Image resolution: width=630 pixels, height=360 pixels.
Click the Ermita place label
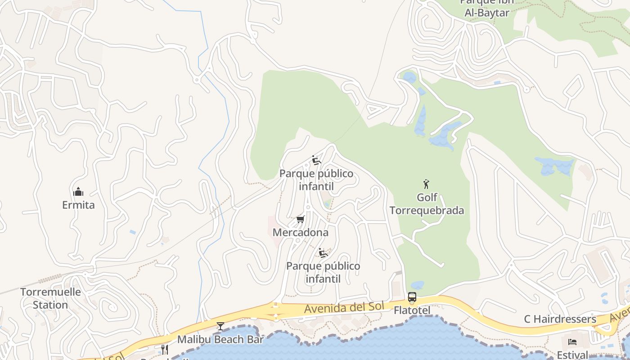[78, 205]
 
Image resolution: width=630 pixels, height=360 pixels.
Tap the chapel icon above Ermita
[78, 192]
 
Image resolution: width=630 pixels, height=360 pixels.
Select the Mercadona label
[300, 233]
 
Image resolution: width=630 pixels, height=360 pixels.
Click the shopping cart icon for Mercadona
[300, 220]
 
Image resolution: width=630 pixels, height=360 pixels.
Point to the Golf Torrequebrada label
[427, 204]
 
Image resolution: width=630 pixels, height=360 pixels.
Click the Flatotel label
[412, 310]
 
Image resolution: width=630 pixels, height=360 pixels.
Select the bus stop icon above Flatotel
[412, 297]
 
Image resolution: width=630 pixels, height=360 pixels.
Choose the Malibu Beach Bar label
[220, 339]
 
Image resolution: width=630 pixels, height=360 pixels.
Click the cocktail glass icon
[220, 326]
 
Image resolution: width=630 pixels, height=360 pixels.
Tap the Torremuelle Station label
[50, 298]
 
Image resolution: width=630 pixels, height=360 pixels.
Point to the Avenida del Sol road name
[344, 308]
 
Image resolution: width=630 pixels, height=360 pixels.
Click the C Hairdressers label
[560, 319]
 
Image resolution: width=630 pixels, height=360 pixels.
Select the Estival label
[572, 354]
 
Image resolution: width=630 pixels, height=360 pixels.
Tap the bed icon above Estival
[572, 342]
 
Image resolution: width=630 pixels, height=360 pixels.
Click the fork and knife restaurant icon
[165, 350]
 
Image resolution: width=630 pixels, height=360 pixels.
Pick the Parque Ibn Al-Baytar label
[486, 8]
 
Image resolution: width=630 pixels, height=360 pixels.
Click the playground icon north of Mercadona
[316, 161]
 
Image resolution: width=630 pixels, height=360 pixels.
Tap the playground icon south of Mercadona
[323, 253]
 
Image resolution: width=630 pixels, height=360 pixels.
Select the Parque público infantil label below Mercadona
[323, 272]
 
